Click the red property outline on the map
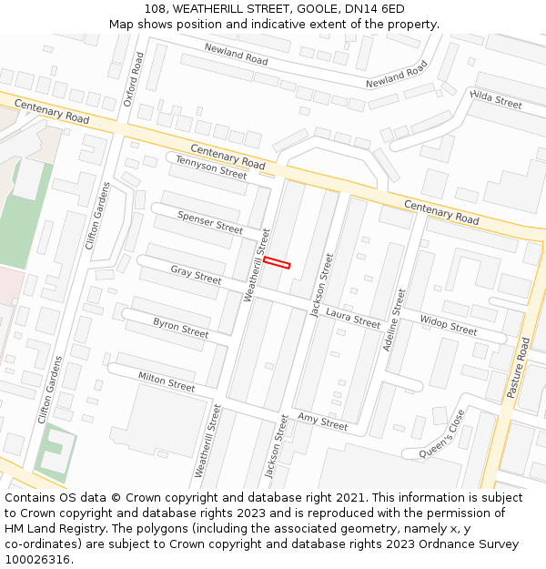[x=277, y=263]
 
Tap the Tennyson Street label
[x=211, y=167]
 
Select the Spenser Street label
[x=210, y=222]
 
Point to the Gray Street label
[x=196, y=275]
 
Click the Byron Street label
[x=180, y=328]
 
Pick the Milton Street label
[x=166, y=381]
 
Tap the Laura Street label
[x=353, y=318]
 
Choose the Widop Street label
[x=448, y=324]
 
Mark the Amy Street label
[x=322, y=421]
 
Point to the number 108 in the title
[x=155, y=8]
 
